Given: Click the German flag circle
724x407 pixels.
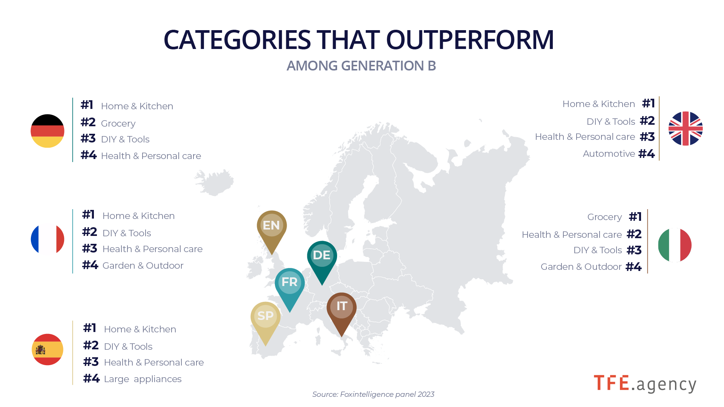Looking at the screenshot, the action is click(x=48, y=131).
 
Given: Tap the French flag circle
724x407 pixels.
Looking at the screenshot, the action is click(x=48, y=239).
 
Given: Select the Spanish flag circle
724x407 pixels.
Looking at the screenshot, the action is click(x=48, y=349).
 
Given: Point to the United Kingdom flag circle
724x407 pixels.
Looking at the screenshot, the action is click(x=686, y=129).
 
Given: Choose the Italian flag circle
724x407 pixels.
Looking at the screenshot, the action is click(x=675, y=245).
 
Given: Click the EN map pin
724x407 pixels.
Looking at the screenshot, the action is click(x=272, y=230).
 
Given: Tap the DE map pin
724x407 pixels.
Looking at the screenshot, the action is click(x=322, y=260).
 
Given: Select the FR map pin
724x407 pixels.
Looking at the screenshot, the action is click(x=290, y=287).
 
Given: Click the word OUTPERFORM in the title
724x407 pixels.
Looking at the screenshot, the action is click(x=470, y=40).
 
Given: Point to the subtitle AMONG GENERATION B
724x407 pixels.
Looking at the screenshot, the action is click(x=361, y=66).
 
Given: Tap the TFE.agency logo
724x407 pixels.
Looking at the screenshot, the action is click(x=645, y=384).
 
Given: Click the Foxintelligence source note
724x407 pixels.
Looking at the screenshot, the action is click(x=373, y=394).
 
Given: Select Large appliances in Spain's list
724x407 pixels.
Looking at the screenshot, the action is click(x=143, y=379).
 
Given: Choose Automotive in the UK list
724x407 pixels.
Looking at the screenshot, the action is click(x=609, y=154).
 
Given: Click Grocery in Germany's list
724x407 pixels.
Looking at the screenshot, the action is click(x=118, y=124).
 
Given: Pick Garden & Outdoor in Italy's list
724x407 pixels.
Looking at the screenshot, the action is click(x=581, y=267).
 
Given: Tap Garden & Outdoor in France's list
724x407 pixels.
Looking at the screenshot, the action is click(x=143, y=266).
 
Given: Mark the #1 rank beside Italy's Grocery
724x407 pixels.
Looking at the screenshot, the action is click(x=635, y=217).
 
